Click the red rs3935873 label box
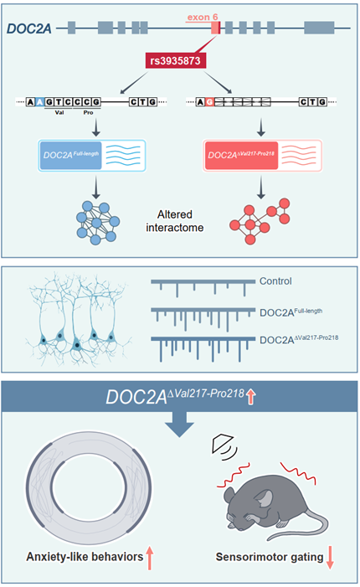tap(176, 60)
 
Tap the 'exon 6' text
tap(203, 18)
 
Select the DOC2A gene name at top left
tap(28, 28)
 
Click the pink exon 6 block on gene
tap(215, 28)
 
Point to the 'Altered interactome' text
tap(175, 221)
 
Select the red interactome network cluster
tap(260, 221)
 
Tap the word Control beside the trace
tap(275, 281)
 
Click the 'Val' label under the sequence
tap(59, 112)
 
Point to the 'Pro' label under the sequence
tap(88, 112)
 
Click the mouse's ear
tap(265, 498)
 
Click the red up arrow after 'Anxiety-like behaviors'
tap(150, 558)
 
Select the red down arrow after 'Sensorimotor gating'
tap(330, 558)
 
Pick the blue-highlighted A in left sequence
tap(39, 102)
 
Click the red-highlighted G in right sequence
tap(209, 102)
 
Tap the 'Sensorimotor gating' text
tap(270, 557)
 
